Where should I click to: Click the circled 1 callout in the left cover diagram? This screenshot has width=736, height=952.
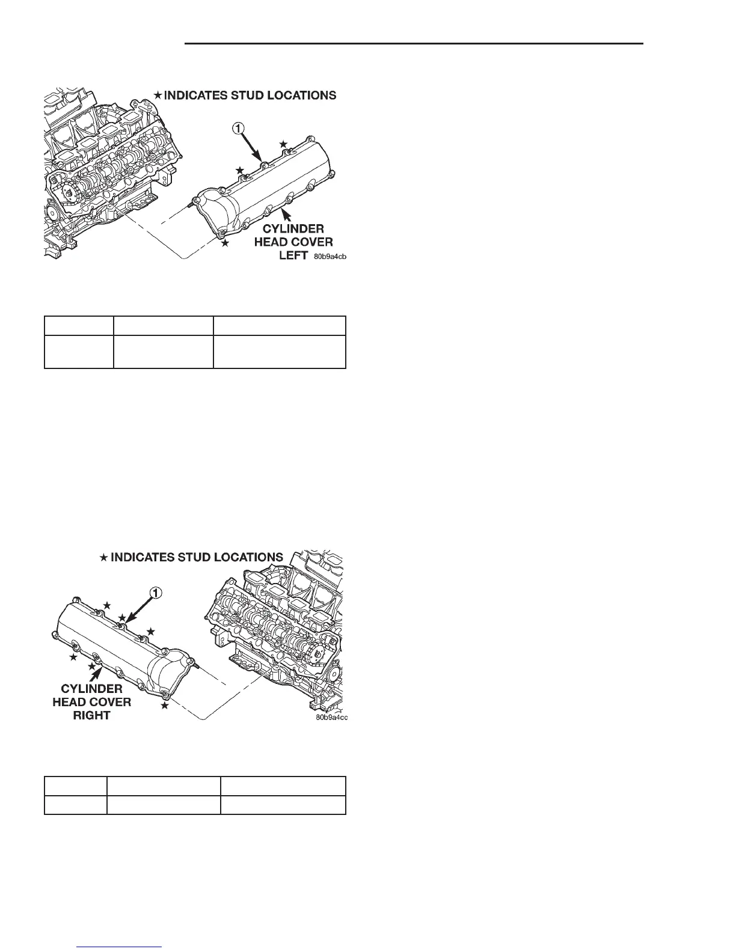(239, 128)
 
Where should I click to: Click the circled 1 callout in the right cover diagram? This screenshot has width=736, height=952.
(155, 593)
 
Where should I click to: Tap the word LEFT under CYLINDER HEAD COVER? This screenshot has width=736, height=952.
(293, 255)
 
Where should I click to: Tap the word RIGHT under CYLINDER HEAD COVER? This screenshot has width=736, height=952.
(92, 715)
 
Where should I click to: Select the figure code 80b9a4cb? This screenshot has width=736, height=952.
(330, 257)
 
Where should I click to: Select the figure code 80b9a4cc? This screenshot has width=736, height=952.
(331, 717)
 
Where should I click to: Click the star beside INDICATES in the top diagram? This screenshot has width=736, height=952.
(158, 95)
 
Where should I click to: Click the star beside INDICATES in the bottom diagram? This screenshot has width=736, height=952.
(103, 558)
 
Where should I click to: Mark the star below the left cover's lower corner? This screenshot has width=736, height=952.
(225, 243)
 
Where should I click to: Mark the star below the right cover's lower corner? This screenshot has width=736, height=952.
(165, 705)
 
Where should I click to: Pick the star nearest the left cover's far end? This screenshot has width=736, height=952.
(283, 144)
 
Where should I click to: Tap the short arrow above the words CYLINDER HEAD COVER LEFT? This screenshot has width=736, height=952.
(287, 215)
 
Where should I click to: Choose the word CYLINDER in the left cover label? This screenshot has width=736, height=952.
(294, 229)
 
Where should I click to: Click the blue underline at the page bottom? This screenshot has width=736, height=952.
(120, 947)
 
